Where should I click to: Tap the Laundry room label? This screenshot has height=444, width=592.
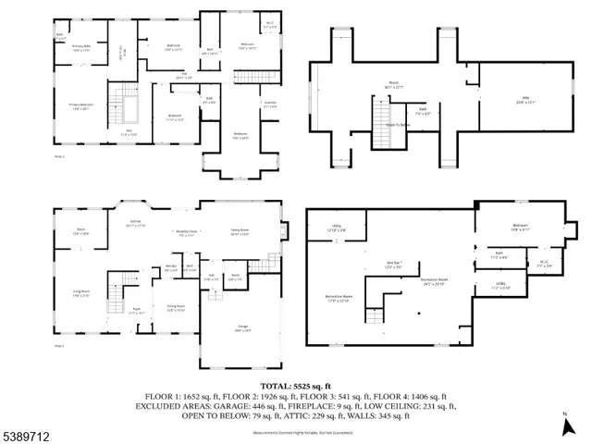270,104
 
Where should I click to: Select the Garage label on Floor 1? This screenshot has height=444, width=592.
240,328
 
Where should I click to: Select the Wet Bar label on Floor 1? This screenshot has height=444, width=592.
171,268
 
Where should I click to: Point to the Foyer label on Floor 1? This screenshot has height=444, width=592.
136,312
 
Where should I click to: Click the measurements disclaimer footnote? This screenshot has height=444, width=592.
295,432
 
